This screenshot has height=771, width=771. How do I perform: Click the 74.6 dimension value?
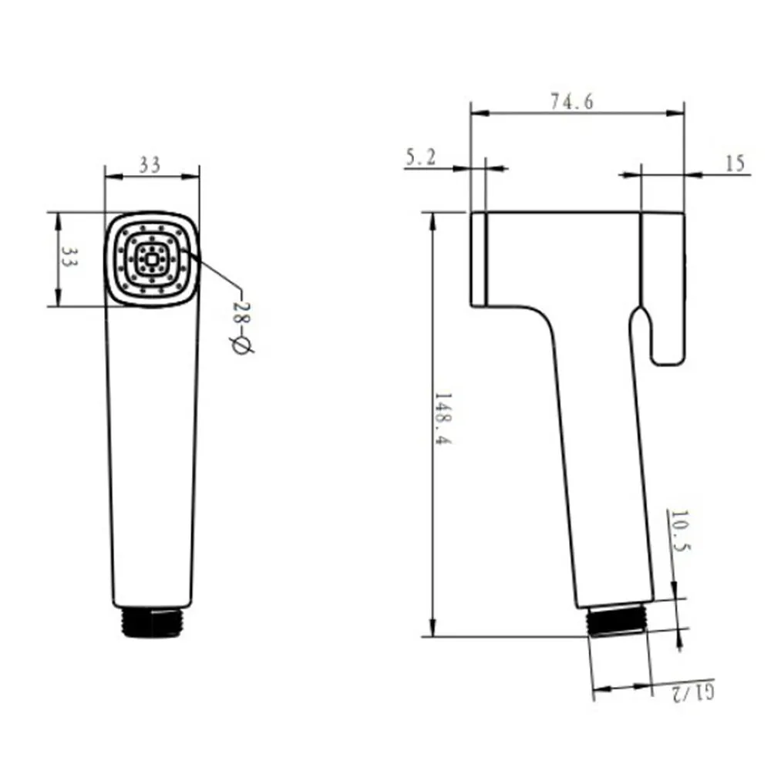(x=572, y=101)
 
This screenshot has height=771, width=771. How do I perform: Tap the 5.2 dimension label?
(x=421, y=157)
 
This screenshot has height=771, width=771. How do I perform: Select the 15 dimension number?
(x=736, y=163)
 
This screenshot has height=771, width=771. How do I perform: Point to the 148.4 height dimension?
(x=443, y=419)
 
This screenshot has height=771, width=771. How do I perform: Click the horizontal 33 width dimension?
(x=150, y=165)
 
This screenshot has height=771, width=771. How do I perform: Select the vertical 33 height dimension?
(x=69, y=256)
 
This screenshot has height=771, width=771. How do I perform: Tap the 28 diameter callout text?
(x=241, y=313)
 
